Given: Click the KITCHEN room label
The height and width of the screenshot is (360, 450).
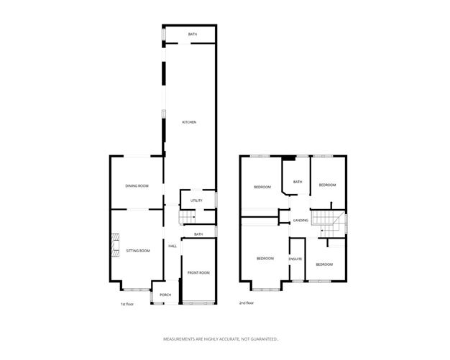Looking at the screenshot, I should (x=189, y=122).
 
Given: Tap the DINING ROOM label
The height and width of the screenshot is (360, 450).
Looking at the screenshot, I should (x=137, y=186).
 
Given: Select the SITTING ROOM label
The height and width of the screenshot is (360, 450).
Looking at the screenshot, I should (x=137, y=251).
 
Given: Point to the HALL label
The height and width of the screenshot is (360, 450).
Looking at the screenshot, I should (x=173, y=246).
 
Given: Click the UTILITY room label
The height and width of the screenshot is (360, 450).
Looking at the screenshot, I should (x=196, y=200).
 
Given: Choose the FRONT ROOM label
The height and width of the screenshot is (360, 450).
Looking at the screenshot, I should (x=198, y=272).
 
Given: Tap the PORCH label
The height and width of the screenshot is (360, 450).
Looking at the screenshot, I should (x=165, y=295).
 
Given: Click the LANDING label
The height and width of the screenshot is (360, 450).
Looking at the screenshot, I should (x=301, y=221).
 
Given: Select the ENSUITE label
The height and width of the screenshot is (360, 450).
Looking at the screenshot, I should (x=295, y=259).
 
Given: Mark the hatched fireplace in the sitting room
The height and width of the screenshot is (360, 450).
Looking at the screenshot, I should (x=114, y=246).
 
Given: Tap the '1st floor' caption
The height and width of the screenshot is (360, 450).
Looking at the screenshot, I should (x=127, y=303).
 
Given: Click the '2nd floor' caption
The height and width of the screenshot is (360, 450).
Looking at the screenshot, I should (x=247, y=303).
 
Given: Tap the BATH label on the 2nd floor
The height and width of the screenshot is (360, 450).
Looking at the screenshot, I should (x=298, y=183).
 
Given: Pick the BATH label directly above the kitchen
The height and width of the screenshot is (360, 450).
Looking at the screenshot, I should (x=193, y=34).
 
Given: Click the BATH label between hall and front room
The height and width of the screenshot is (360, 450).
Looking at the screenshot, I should (x=198, y=234).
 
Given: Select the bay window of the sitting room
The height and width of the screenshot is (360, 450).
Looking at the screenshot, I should (x=132, y=289).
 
